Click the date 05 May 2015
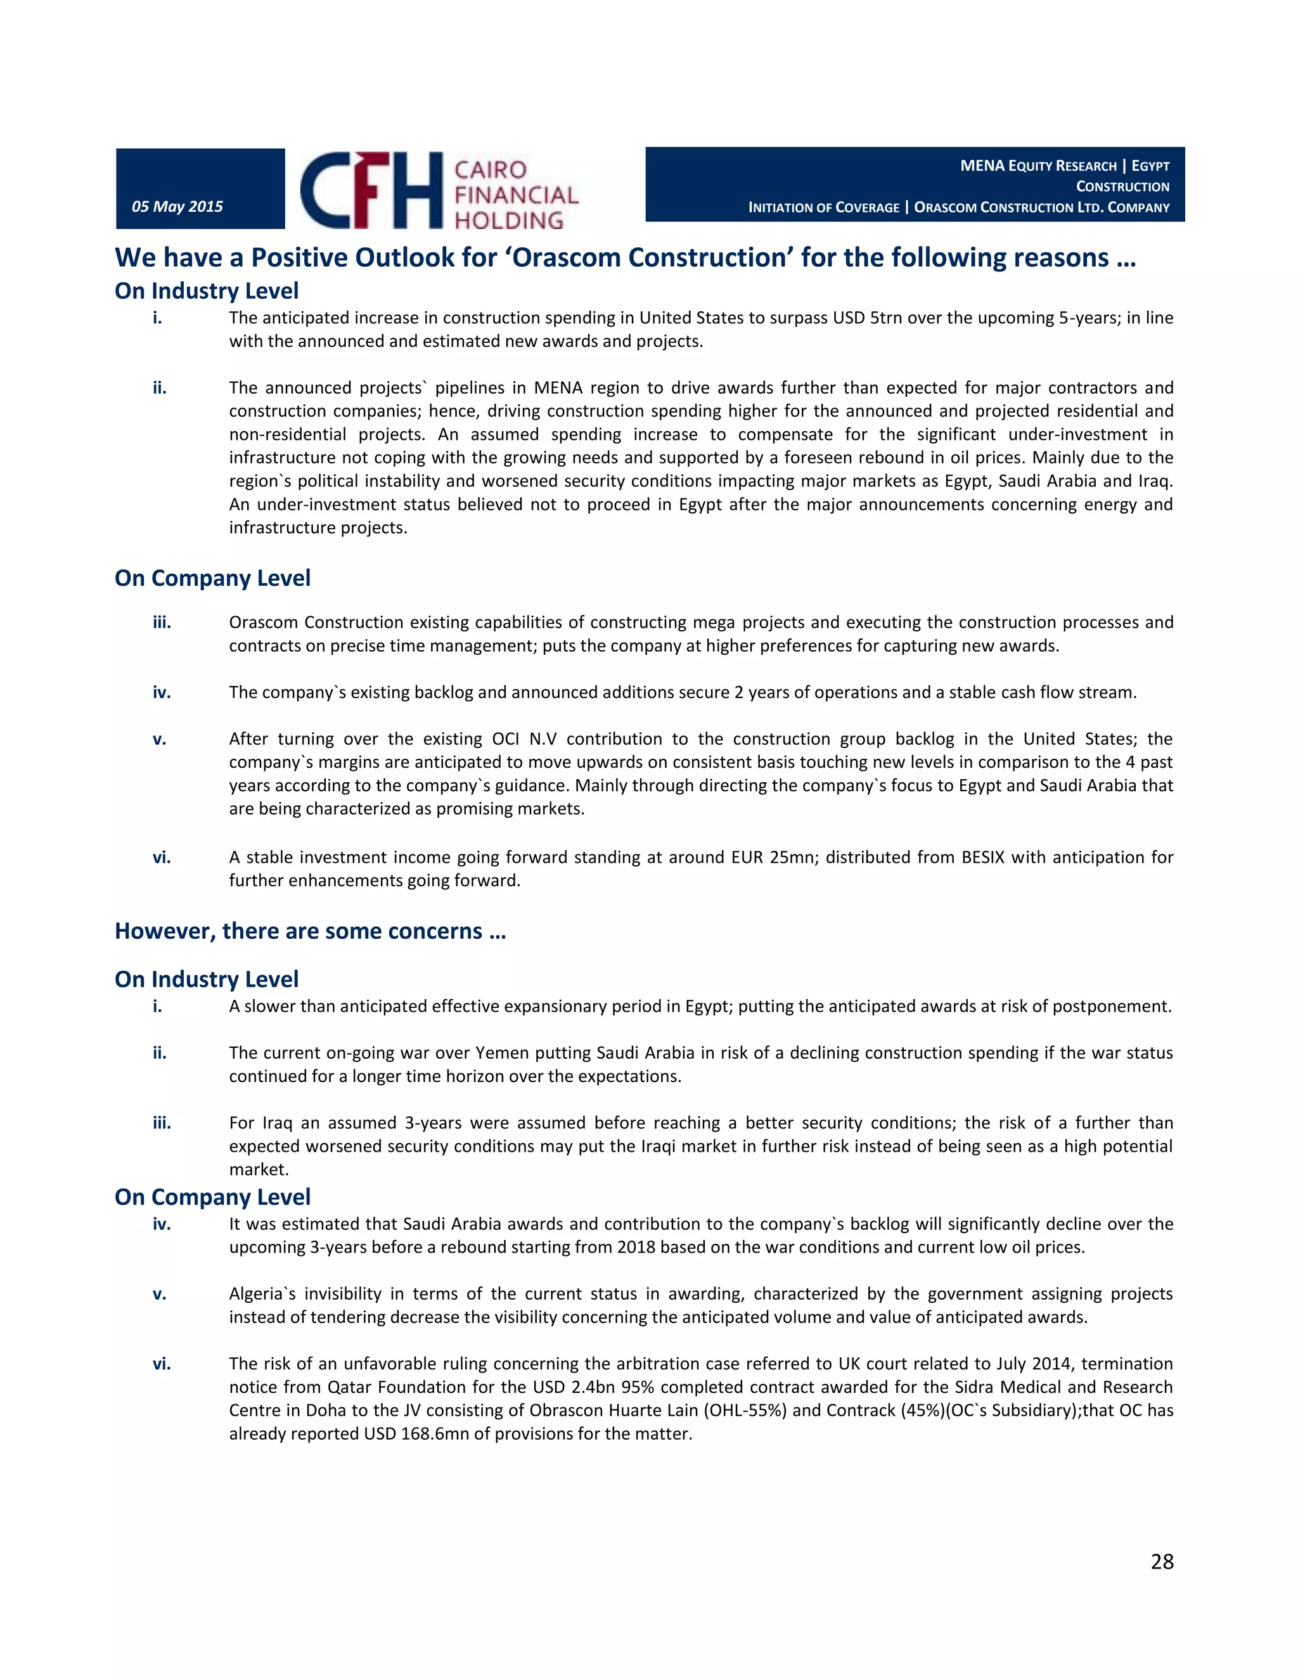coord(177,206)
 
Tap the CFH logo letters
coord(371,190)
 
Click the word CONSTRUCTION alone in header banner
coord(1122,187)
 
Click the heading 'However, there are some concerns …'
coord(310,931)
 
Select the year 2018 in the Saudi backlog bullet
coord(636,1247)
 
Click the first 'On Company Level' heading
coord(212,578)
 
